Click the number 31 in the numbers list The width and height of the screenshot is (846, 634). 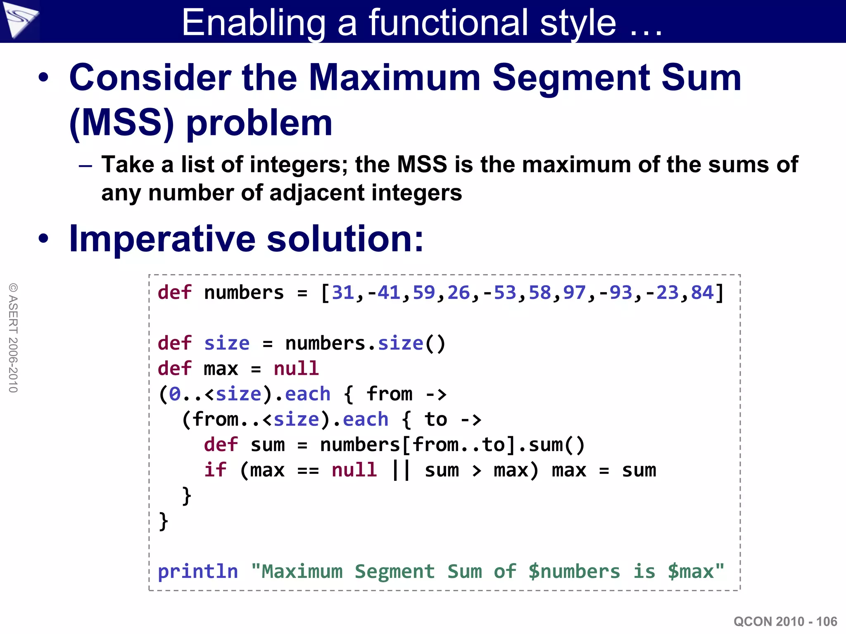pos(343,293)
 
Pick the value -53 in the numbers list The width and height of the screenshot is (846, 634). pos(499,293)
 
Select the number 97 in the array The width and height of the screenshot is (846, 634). pos(574,293)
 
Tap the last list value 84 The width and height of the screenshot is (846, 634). pos(702,293)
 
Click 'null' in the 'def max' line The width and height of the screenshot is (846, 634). pos(296,368)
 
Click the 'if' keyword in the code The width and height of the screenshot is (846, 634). pos(215,470)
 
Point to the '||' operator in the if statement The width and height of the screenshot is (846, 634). pos(401,470)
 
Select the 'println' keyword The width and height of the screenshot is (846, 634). pos(198,572)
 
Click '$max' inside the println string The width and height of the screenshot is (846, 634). pos(691,572)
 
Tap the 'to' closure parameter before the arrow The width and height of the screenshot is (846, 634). pos(436,419)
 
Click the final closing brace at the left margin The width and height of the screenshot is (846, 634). pos(164,521)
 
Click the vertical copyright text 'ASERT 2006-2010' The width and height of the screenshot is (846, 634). pos(13,338)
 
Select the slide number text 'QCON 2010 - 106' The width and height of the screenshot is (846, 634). pos(785,621)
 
